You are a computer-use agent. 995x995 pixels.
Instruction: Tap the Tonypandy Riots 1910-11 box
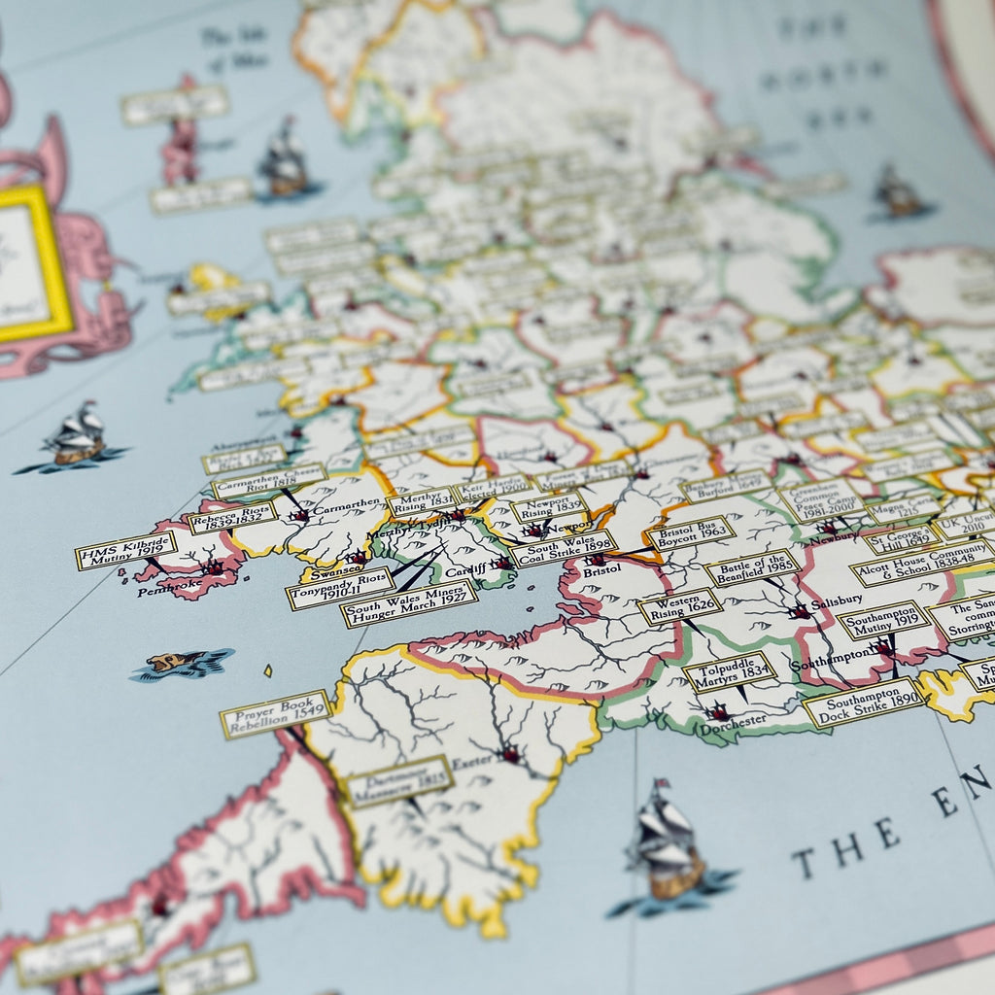340,588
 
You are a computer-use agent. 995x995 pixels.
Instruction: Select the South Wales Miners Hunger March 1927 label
409,603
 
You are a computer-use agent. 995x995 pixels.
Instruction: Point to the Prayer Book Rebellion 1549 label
276,714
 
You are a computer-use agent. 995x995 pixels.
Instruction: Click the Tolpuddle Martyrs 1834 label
730,671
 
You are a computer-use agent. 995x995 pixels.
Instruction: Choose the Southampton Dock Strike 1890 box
863,702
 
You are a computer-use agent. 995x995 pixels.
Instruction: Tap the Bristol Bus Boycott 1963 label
690,533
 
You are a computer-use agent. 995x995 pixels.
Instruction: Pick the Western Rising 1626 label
680,606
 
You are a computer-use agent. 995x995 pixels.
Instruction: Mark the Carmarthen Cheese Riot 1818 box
268,481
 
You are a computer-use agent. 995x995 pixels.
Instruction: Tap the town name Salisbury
837,601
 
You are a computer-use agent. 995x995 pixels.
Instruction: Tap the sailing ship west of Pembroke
76,437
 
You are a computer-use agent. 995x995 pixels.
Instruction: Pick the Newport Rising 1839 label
549,505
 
